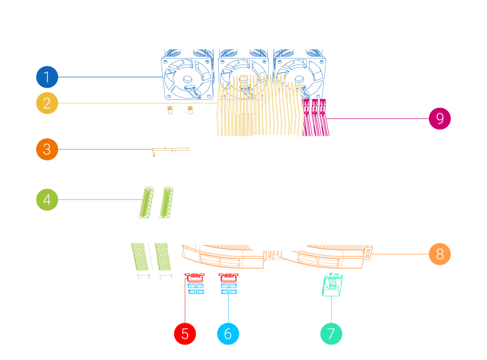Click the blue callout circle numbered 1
click(x=47, y=78)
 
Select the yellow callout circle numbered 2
click(x=47, y=104)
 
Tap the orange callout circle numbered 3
click(x=47, y=150)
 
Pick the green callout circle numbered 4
click(x=47, y=199)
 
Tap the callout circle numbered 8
click(x=440, y=254)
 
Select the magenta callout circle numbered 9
click(x=440, y=119)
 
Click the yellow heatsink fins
click(x=259, y=106)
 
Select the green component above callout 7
click(x=331, y=284)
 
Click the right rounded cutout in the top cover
click(x=318, y=183)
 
